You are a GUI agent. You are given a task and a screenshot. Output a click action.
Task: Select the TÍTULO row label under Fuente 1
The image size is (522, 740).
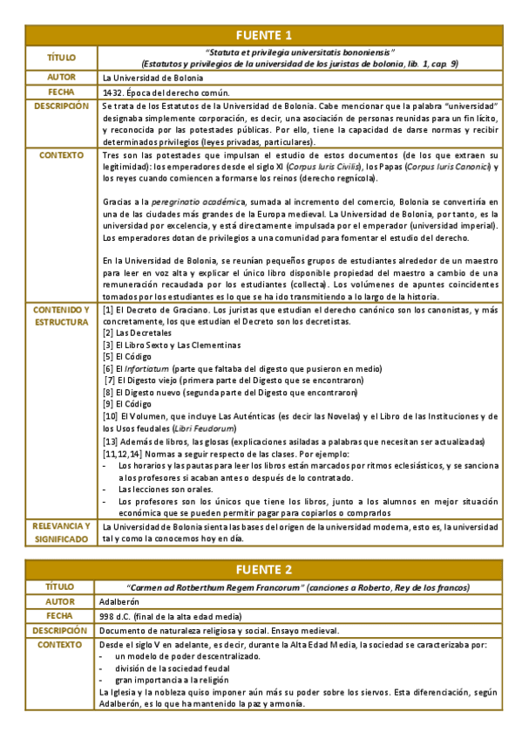pos(60,58)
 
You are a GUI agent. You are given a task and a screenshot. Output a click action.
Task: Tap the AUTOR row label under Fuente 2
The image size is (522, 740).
pos(60,601)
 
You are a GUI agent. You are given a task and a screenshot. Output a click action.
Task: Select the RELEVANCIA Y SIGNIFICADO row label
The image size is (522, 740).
pos(60,532)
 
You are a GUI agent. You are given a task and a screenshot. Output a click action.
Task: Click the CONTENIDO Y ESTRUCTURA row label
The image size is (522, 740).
pos(60,315)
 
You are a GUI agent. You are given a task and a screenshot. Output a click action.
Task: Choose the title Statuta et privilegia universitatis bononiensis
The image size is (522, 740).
pos(301,51)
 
